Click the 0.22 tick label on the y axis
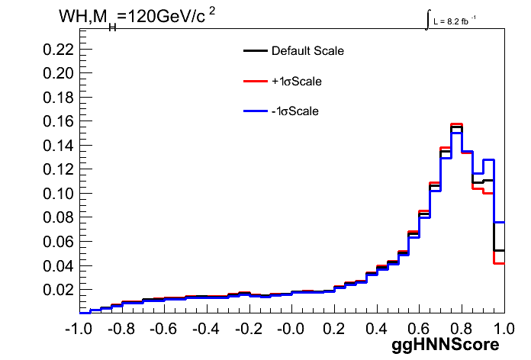(58, 50)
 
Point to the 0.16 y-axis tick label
(58, 121)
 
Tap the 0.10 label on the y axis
(58, 194)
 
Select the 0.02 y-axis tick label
(58, 290)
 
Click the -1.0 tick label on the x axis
(79, 329)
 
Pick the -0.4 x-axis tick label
(206, 329)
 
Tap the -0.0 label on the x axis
(291, 329)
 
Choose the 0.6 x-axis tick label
(420, 329)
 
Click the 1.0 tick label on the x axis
(504, 329)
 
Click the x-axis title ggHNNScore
(446, 345)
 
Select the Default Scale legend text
(307, 51)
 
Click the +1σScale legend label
(297, 82)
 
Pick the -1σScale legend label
(295, 111)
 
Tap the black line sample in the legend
(256, 51)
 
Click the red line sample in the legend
(256, 81)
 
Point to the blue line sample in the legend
(256, 111)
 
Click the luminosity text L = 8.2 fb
(451, 21)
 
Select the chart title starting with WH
(137, 17)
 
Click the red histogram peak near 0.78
(456, 124)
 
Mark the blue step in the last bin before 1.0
(499, 223)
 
